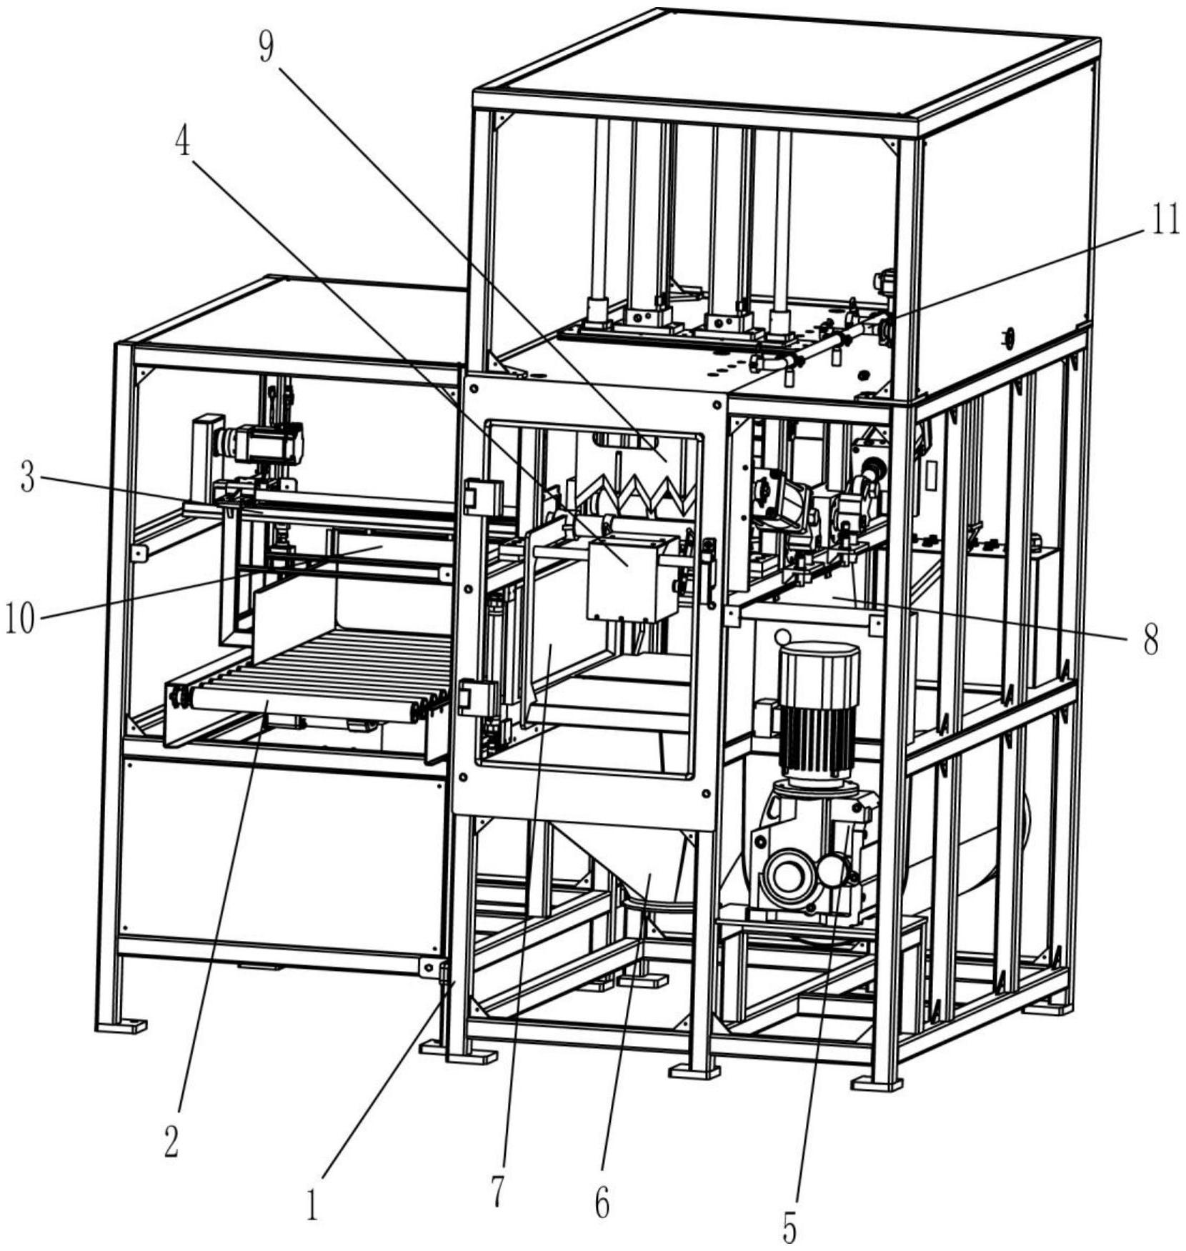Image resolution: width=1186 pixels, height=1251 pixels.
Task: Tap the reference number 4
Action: pos(184,142)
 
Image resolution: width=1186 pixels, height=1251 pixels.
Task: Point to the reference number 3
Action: pos(27,479)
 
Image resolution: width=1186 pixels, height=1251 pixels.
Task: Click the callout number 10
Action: pos(19,619)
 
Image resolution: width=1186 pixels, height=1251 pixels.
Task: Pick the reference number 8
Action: pos(1150,641)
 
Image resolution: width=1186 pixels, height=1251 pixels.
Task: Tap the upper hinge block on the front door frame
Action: pos(480,494)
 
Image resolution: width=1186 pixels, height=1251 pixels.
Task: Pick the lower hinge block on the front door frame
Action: pos(477,697)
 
